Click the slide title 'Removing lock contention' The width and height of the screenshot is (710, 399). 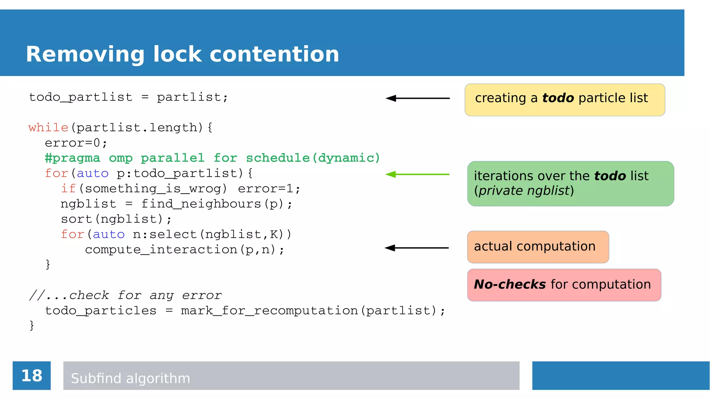click(182, 54)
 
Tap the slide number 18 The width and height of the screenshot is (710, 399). click(32, 375)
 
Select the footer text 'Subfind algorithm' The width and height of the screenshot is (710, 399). click(130, 378)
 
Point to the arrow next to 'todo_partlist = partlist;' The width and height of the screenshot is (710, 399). click(417, 98)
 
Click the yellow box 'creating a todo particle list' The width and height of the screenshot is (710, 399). click(564, 100)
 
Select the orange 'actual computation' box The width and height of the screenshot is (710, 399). click(538, 247)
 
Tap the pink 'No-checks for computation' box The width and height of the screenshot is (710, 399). click(564, 285)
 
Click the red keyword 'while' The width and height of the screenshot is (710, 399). click(48, 127)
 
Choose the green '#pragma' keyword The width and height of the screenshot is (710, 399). click(72, 158)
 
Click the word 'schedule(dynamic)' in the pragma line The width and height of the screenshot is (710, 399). click(313, 158)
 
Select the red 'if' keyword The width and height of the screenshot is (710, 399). click(68, 188)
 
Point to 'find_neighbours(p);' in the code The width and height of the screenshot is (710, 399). click(217, 204)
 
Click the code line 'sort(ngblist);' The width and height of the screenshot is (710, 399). click(116, 219)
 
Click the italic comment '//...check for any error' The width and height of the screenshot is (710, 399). click(125, 295)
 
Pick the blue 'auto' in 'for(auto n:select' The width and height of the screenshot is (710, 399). click(109, 234)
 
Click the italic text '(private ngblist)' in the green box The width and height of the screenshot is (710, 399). click(524, 191)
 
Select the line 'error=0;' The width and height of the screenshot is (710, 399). click(76, 143)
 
